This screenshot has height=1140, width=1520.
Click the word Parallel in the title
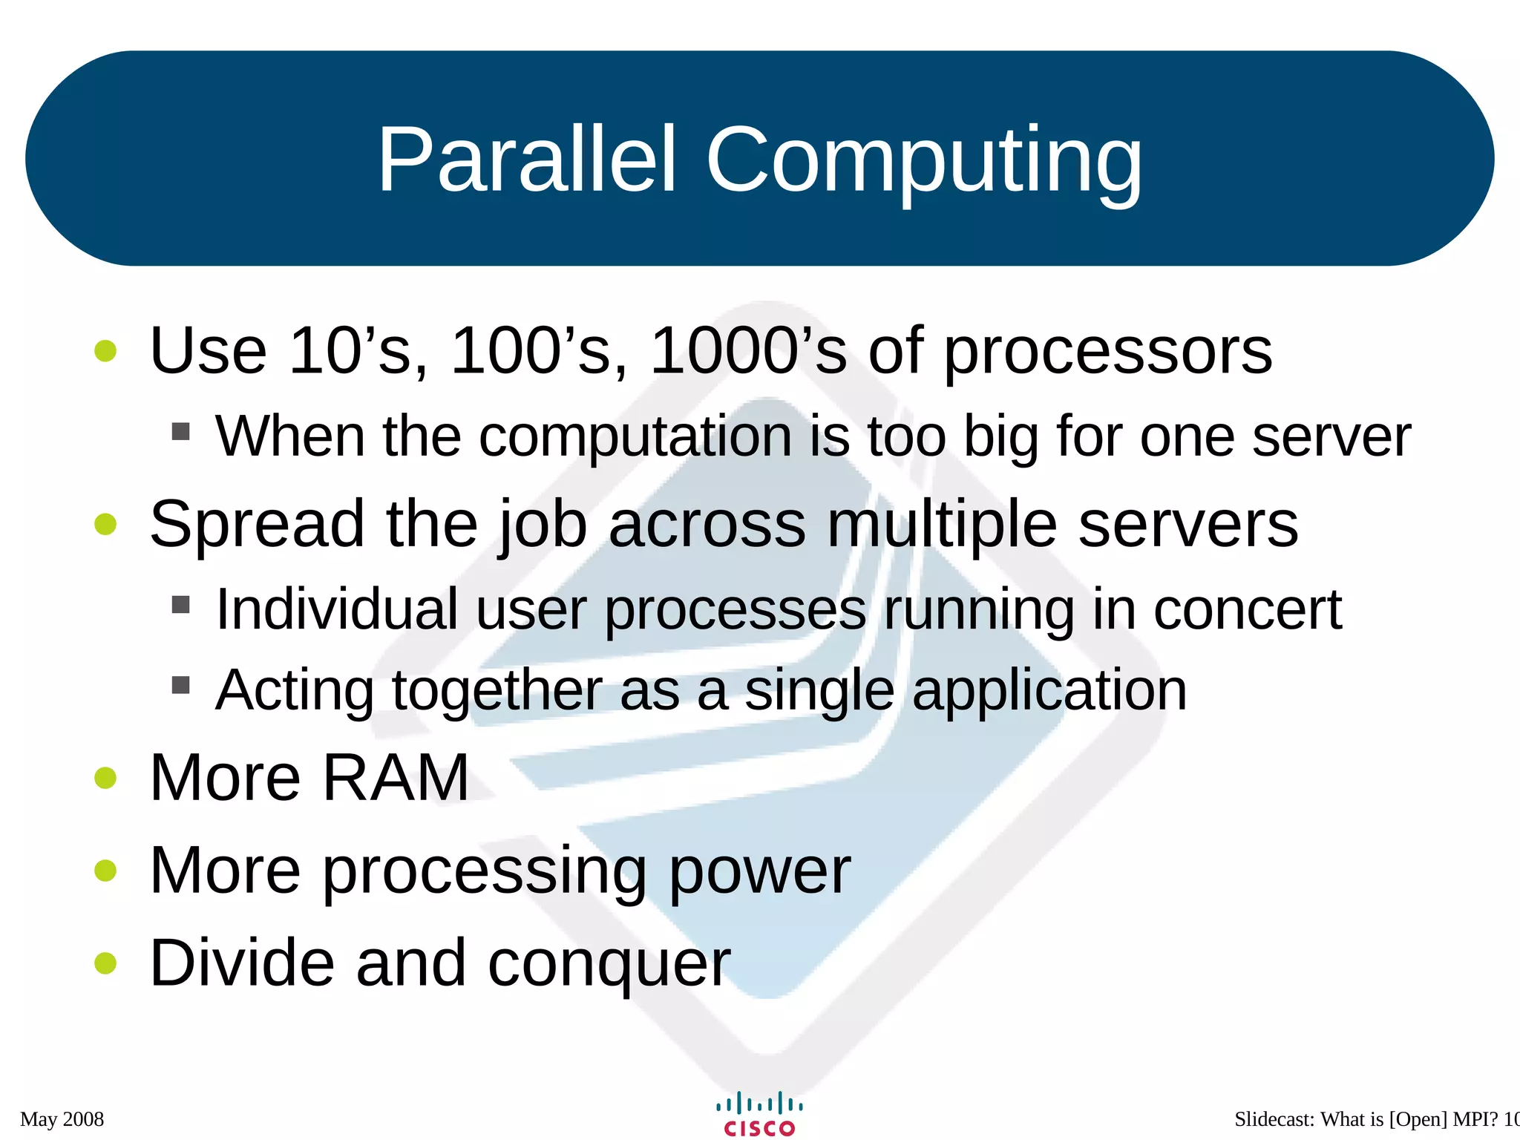527,160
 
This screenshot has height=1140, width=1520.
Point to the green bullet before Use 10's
106,351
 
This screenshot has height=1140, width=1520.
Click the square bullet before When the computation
180,431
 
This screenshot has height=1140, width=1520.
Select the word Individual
336,609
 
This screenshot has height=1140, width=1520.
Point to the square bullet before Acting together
180,684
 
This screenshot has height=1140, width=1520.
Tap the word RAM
396,778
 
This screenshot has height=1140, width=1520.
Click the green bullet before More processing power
106,870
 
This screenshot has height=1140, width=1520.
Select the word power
759,872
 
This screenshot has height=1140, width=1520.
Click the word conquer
609,965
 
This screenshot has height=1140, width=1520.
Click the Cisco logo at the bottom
759,1114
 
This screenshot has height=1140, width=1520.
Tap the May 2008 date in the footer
62,1119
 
